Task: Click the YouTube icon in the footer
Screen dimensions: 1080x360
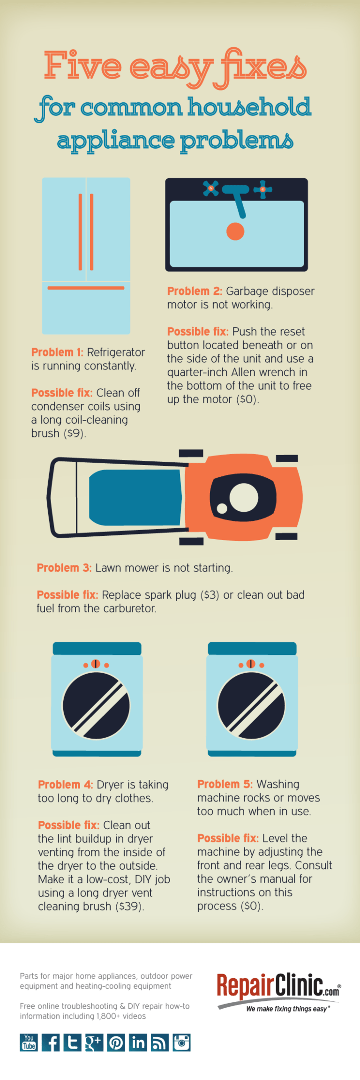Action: click(x=29, y=1042)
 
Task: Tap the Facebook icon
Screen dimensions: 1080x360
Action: click(x=51, y=1042)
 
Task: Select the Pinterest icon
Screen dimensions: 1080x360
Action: click(x=116, y=1042)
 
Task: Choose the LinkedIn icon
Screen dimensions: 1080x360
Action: click(x=138, y=1042)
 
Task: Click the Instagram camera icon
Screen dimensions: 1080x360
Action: click(x=181, y=1042)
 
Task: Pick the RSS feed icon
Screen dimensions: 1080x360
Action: click(x=159, y=1042)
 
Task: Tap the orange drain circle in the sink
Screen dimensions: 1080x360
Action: click(x=235, y=232)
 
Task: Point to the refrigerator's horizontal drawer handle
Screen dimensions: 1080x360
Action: click(x=86, y=288)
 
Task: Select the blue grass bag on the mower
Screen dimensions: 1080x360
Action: click(x=136, y=497)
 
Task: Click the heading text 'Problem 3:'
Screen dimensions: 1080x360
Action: click(x=64, y=568)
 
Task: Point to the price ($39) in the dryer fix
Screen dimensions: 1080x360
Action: click(x=129, y=907)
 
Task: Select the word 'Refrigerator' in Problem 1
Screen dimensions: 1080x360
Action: click(x=116, y=352)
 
